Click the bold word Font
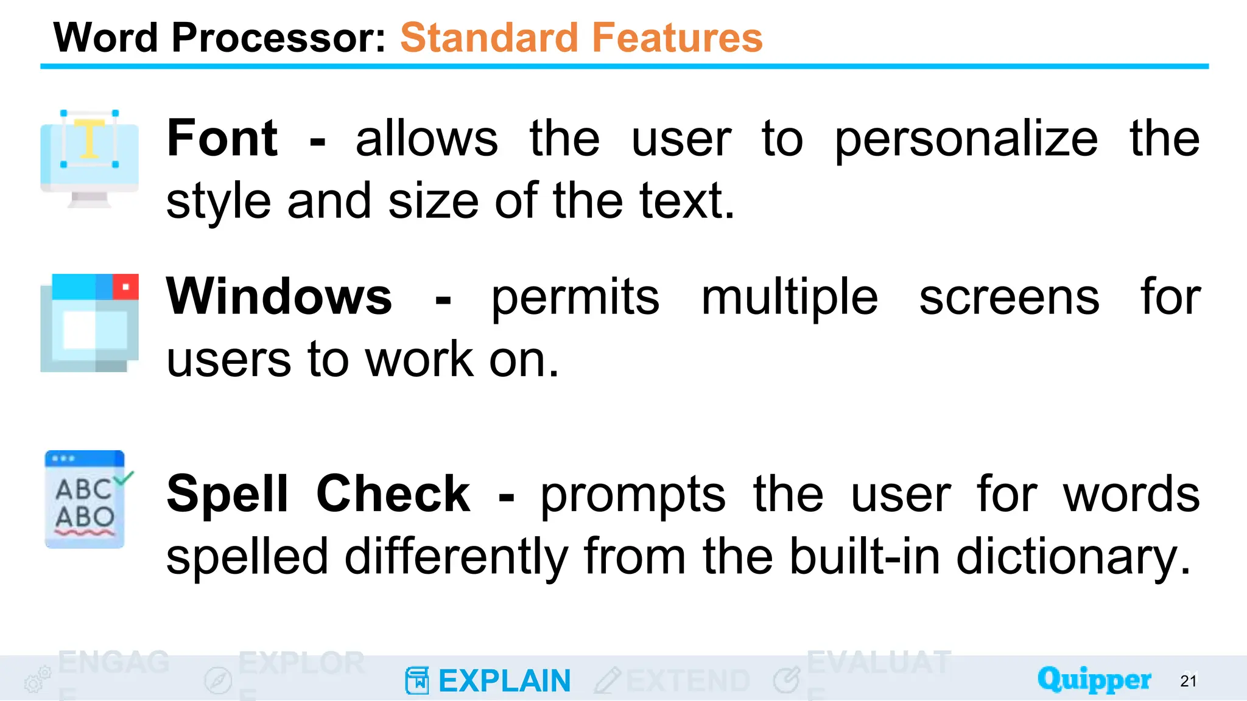pos(222,139)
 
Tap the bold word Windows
pos(279,297)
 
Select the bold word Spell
pos(227,494)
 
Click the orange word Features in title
pos(676,38)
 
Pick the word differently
pos(456,557)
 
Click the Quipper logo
pos(1094,679)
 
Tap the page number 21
pos(1188,681)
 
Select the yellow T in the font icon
pos(90,139)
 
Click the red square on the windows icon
pos(125,287)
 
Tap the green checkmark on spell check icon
pos(124,478)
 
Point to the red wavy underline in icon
pos(85,533)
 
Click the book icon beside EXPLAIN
pos(417,680)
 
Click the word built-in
pos(865,557)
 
